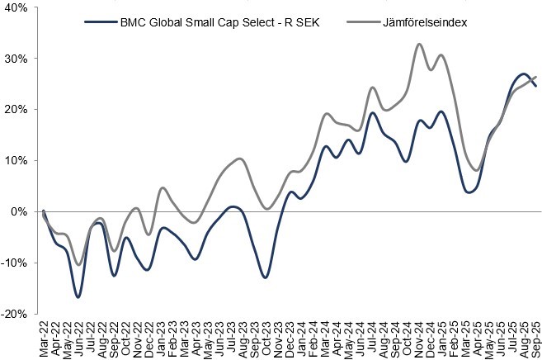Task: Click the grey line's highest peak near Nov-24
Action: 419,44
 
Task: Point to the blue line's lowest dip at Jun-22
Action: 78,296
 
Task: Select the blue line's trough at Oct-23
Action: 266,277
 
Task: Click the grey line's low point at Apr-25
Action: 477,170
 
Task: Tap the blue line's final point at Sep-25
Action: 535,86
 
